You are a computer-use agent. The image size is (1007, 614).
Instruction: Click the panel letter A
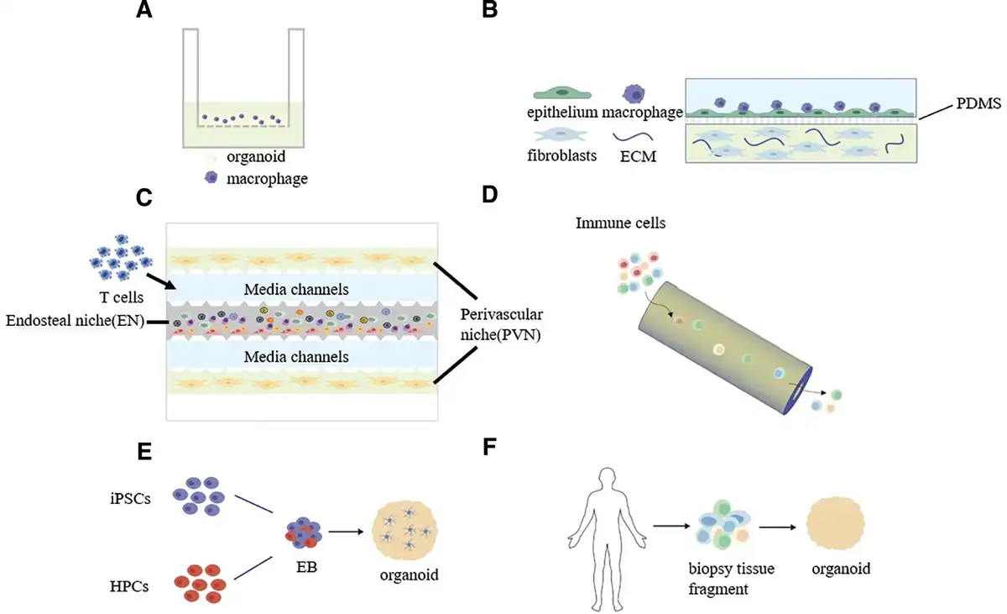click(x=143, y=9)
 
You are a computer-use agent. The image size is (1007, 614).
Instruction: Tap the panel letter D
click(x=489, y=194)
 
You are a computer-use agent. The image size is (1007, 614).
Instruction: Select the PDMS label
click(x=978, y=103)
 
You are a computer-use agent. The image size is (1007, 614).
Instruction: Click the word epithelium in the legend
click(x=562, y=112)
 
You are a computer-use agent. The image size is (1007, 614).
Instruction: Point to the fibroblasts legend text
click(x=562, y=155)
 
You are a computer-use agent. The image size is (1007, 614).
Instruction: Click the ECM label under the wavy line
click(x=638, y=156)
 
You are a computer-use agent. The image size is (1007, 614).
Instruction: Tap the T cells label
click(x=122, y=297)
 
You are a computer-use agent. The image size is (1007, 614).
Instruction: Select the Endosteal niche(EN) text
click(x=75, y=321)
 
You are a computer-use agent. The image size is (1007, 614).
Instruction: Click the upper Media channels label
click(x=296, y=289)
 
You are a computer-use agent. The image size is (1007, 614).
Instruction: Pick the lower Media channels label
click(x=296, y=357)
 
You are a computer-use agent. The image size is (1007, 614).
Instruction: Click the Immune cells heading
click(x=620, y=223)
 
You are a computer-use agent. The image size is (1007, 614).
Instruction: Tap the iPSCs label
click(x=130, y=498)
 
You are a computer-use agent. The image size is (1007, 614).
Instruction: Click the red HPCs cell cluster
click(x=200, y=584)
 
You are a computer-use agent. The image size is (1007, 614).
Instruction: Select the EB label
click(x=306, y=567)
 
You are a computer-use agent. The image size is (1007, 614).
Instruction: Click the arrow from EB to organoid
click(x=346, y=532)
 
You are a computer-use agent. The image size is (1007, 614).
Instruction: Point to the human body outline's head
click(x=608, y=478)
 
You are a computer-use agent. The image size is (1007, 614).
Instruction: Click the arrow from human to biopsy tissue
click(x=671, y=526)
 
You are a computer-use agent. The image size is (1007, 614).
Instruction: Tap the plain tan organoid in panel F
click(x=835, y=523)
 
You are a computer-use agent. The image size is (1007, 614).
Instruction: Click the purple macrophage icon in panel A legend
click(x=211, y=178)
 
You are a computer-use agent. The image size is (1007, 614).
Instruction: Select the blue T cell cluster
click(x=122, y=257)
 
